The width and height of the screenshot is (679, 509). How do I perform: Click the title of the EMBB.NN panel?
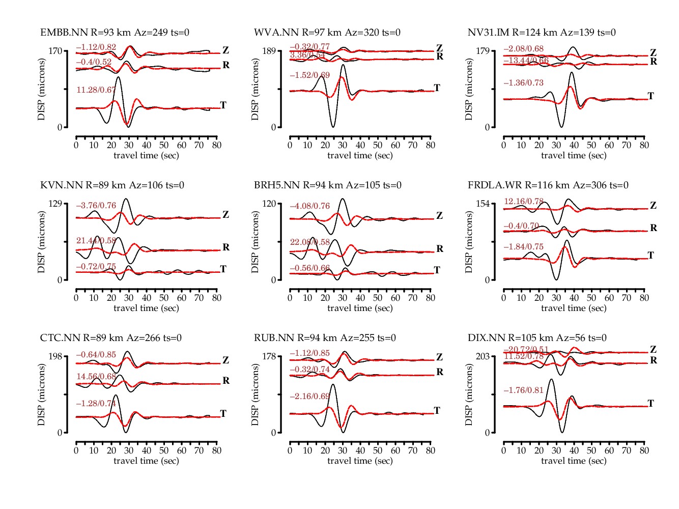[115, 33]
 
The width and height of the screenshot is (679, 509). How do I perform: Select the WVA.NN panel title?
[327, 33]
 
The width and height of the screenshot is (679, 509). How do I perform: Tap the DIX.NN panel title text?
[537, 338]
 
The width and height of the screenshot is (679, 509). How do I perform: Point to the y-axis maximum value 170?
[55, 51]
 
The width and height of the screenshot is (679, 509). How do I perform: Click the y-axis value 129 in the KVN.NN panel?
[55, 204]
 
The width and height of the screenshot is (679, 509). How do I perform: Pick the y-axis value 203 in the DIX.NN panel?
[483, 356]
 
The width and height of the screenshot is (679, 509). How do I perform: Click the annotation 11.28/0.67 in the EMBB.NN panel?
[96, 90]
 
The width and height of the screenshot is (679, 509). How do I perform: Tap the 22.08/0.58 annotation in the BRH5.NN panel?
[310, 242]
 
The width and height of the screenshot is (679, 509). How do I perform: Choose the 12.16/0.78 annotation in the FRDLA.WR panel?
[524, 202]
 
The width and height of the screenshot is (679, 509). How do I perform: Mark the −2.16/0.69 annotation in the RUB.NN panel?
[310, 396]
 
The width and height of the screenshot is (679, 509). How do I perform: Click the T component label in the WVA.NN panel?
[437, 88]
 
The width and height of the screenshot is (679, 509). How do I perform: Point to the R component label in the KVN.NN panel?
[226, 247]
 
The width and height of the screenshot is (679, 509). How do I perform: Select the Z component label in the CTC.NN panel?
[226, 360]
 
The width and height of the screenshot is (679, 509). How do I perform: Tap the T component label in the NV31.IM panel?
[650, 96]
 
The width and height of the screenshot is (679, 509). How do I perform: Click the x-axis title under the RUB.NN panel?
[360, 461]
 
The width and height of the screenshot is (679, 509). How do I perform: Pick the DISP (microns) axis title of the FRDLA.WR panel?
[469, 242]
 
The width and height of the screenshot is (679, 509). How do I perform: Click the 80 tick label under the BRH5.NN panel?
[431, 298]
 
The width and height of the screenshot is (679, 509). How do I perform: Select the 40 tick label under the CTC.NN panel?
[147, 450]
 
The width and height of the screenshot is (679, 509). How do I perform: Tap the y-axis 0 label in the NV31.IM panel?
[487, 127]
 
